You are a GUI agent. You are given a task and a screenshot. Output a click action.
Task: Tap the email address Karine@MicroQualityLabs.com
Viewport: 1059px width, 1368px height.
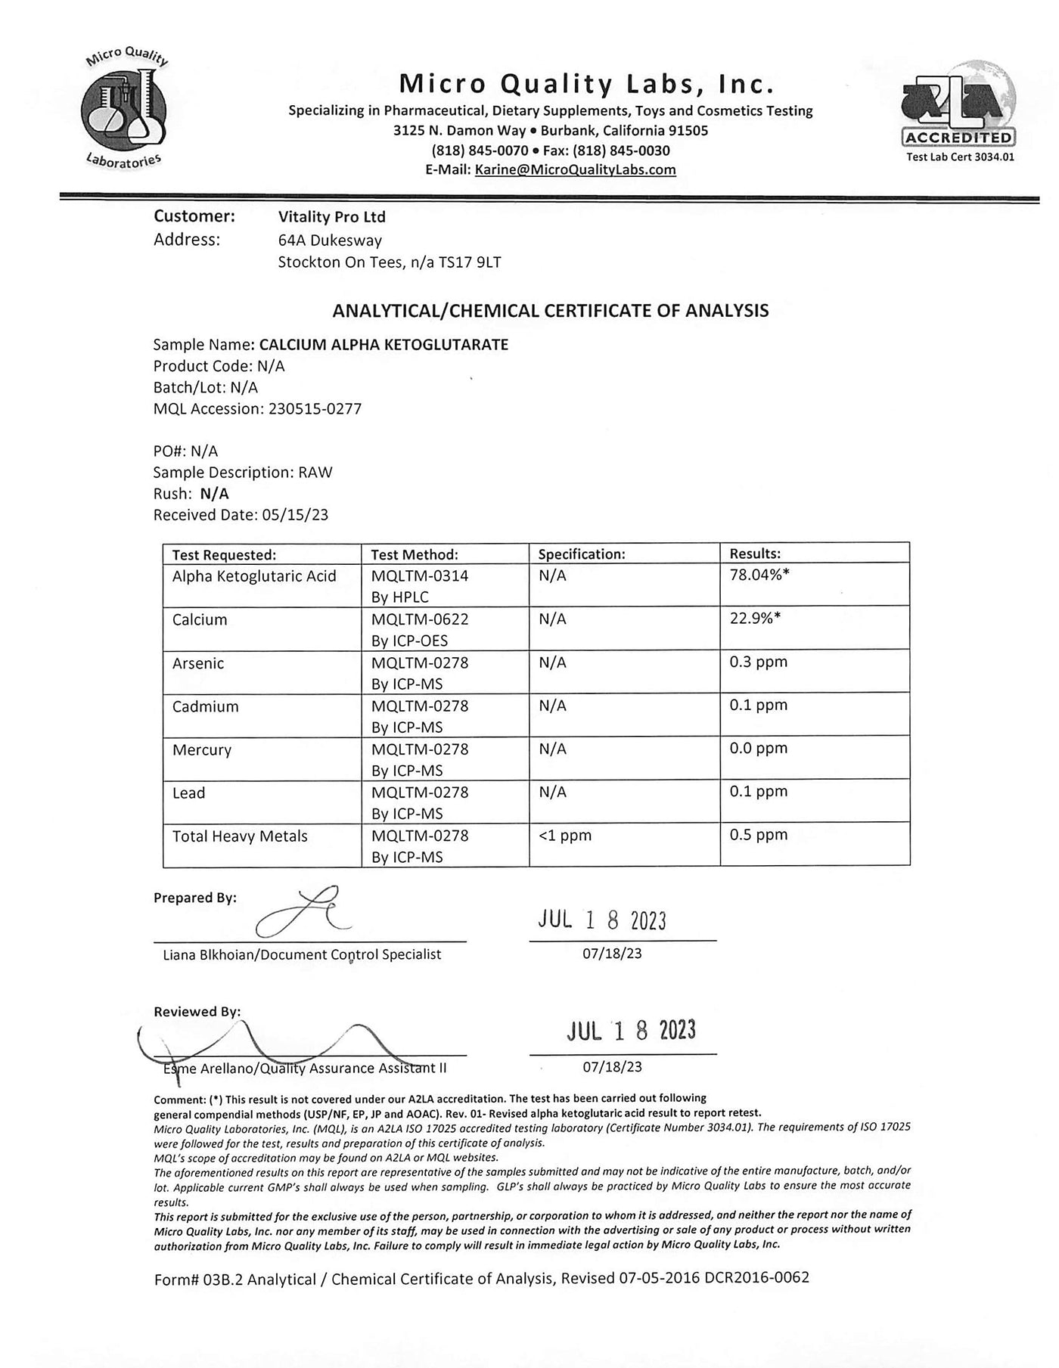[575, 169]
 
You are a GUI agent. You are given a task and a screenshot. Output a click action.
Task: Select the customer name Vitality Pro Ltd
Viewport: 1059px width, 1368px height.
[331, 217]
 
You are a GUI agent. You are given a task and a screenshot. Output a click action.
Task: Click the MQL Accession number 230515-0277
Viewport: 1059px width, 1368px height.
[315, 409]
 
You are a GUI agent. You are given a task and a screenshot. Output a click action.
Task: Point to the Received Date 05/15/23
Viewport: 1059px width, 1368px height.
[295, 515]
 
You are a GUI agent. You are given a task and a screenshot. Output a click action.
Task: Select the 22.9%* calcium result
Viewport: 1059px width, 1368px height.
[755, 618]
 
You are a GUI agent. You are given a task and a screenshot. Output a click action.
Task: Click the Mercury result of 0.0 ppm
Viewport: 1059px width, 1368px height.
[758, 748]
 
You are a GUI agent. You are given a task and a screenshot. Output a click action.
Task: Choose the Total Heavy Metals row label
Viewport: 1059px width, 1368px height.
[240, 836]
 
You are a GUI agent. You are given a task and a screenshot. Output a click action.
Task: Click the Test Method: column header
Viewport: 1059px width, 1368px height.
[415, 554]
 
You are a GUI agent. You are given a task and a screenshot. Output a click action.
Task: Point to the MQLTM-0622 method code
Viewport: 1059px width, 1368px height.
[420, 619]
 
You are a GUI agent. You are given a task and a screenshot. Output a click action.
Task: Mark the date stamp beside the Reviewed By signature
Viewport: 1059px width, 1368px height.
[631, 1031]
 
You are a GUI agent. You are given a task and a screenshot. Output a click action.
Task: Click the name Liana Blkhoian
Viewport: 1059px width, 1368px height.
[210, 954]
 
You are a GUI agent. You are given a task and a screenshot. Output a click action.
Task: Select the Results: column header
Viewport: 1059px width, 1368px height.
[755, 554]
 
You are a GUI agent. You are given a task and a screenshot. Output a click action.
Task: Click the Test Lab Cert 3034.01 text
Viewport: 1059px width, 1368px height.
[960, 157]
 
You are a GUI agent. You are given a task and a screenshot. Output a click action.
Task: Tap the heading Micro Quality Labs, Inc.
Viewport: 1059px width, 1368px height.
[587, 83]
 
